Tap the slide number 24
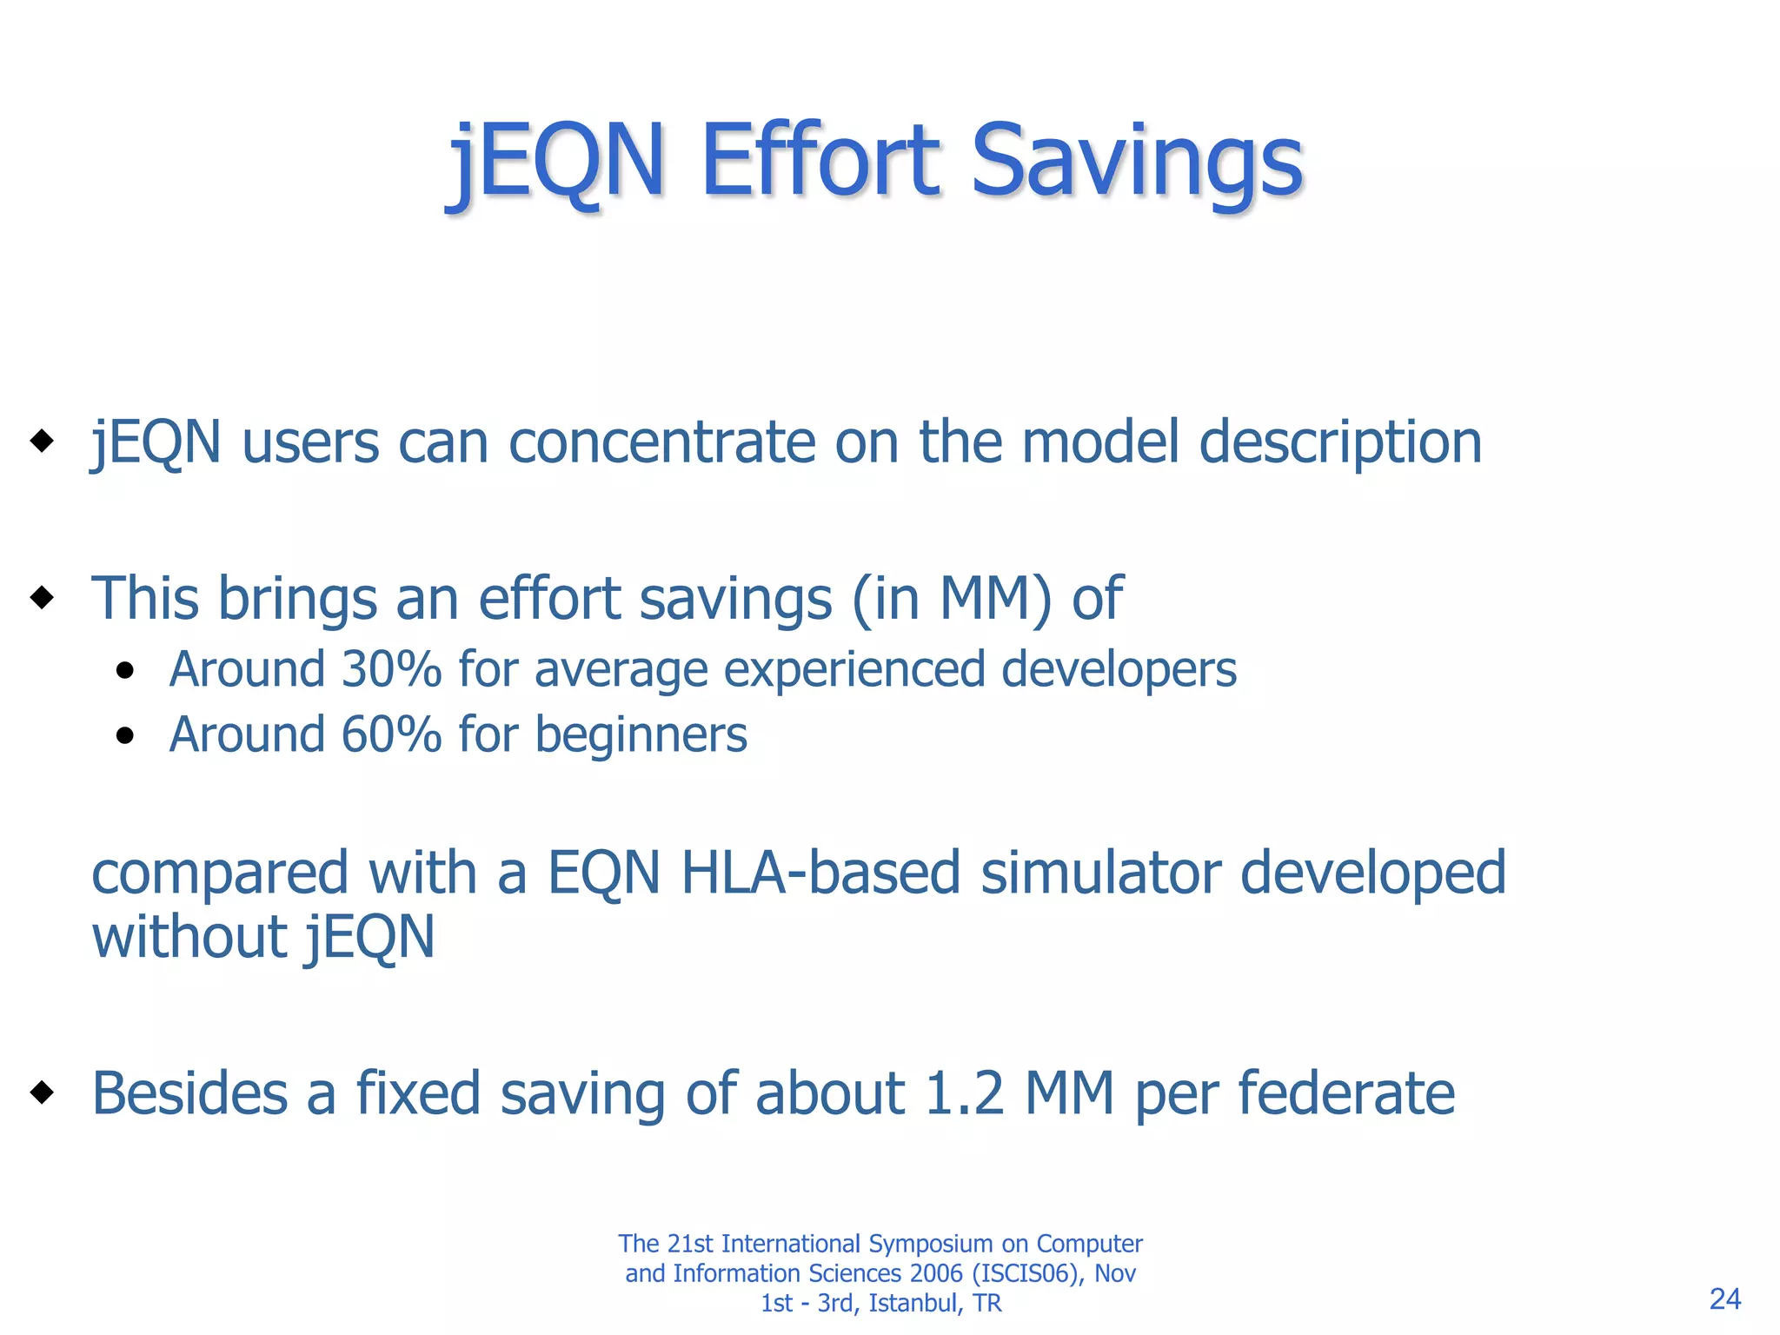pos(1724,1298)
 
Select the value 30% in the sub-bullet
pos(392,669)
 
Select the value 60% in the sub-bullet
pos(392,734)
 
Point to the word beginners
pos(641,736)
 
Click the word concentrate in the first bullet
pos(662,442)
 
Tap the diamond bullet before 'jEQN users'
pos(41,441)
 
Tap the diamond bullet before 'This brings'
pos(41,598)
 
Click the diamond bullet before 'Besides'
pos(41,1093)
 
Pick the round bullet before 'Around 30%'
pos(126,671)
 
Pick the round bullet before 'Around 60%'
pos(126,736)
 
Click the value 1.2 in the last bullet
pos(964,1093)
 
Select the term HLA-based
pos(820,873)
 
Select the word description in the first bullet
pos(1339,443)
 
